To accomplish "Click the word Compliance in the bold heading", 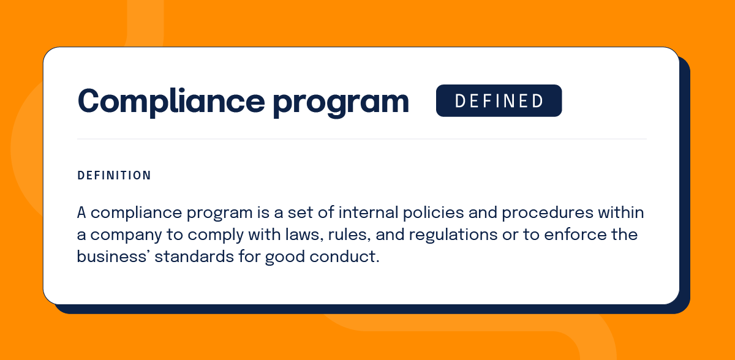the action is point(171,101).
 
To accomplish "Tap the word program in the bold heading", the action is point(341,103).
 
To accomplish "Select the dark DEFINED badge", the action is point(499,100).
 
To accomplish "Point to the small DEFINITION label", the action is point(114,176).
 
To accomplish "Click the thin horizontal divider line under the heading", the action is point(361,139).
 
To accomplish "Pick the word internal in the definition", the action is point(368,212).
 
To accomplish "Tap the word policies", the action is point(433,213).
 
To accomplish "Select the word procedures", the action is point(548,213).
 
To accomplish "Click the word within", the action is point(621,212).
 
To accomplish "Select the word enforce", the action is point(575,234).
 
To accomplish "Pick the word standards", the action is point(194,257).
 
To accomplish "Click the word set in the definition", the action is point(300,213).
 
